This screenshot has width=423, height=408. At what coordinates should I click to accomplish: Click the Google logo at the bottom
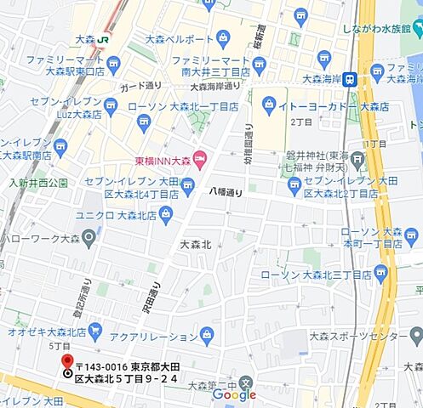point(234,395)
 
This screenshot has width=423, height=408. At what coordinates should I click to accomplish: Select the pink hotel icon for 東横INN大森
point(199,157)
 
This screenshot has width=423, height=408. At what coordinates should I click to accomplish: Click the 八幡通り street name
point(226,193)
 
